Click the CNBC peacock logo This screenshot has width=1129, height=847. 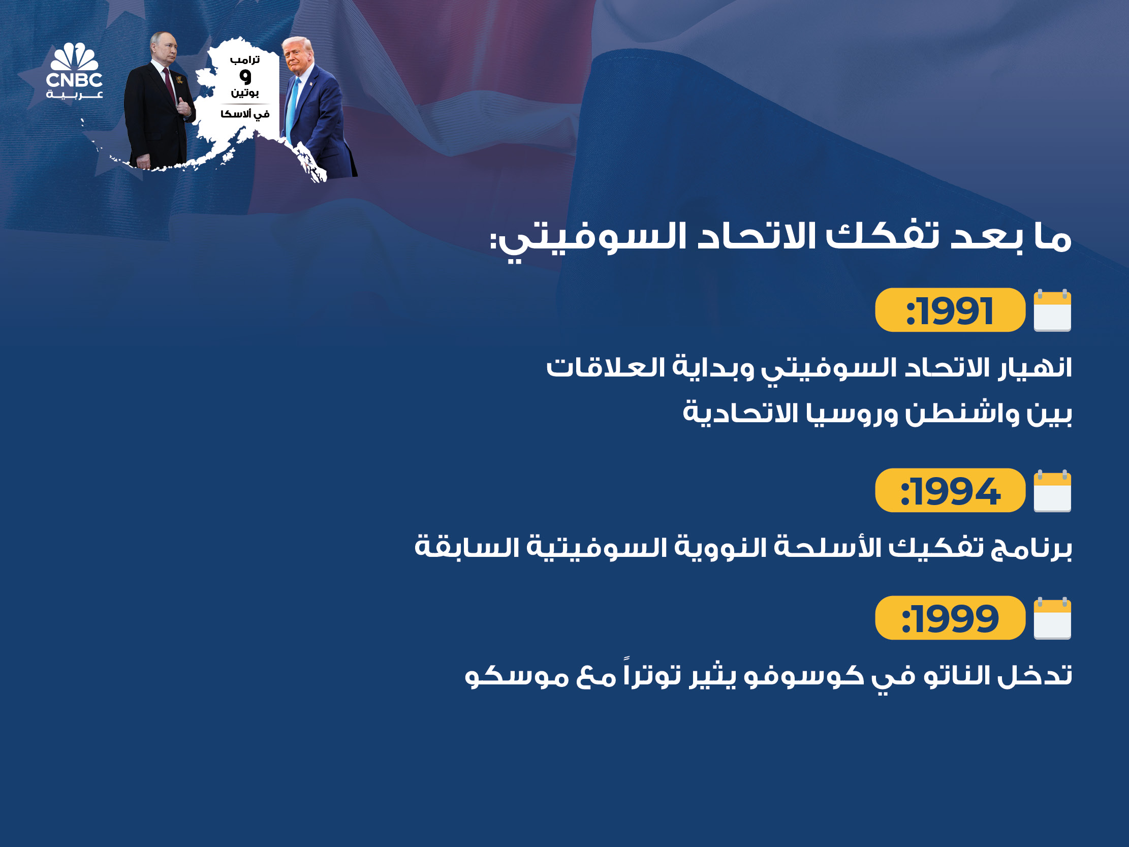75,71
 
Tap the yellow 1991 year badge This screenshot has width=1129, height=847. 950,310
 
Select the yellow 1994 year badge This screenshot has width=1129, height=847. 950,490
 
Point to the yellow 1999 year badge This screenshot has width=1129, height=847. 950,618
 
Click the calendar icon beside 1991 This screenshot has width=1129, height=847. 1052,310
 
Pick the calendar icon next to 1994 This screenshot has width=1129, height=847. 1052,491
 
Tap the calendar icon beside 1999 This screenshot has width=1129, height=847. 1052,618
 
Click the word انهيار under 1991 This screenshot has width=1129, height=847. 1035,367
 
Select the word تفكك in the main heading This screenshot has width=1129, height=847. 883,236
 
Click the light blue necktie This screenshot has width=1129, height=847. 292,110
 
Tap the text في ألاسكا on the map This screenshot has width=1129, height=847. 245,114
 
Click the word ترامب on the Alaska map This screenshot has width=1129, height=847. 245,60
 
